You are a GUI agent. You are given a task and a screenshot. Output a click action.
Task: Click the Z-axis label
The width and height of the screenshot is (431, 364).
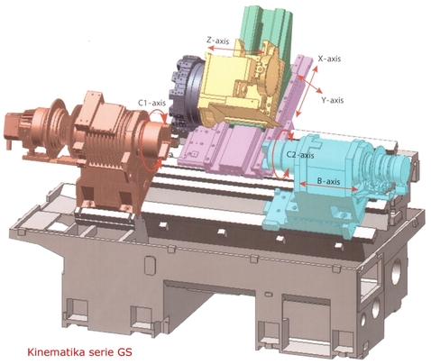(218, 41)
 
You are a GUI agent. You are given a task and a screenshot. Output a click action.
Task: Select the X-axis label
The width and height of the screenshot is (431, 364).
(329, 59)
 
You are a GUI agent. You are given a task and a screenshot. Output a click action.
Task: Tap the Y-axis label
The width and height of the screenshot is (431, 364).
(333, 100)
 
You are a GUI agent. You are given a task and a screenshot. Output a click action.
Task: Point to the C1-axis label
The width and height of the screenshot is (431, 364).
(151, 103)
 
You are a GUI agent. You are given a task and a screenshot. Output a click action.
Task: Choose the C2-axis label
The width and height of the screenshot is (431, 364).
(300, 155)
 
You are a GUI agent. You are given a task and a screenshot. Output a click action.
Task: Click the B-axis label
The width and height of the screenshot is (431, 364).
(329, 181)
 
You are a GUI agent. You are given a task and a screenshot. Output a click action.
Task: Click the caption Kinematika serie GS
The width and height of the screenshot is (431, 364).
(79, 351)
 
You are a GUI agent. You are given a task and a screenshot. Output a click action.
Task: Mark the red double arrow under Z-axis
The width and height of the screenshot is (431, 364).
(236, 50)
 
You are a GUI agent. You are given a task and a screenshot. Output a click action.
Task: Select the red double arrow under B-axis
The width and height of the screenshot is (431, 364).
(329, 187)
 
